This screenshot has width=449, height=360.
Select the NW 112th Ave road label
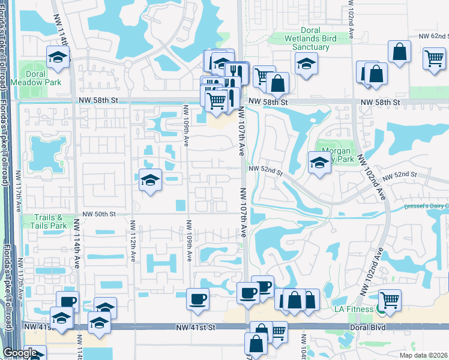(132, 241)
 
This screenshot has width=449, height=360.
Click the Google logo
(20, 353)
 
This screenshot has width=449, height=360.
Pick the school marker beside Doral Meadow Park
(58, 58)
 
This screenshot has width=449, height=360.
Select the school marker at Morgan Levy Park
(319, 162)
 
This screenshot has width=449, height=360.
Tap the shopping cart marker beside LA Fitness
(391, 299)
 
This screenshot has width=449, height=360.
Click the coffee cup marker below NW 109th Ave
(197, 298)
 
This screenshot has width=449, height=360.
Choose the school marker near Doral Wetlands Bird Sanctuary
(306, 63)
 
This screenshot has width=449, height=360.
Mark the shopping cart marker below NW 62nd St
(434, 59)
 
